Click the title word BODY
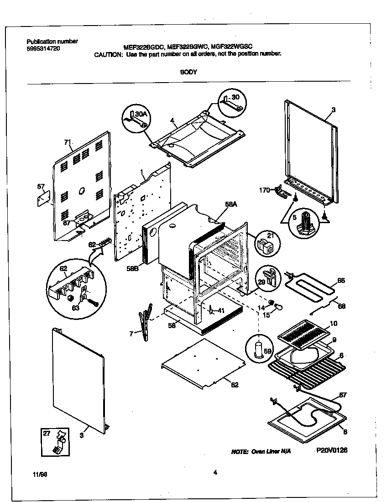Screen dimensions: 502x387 pos(188,72)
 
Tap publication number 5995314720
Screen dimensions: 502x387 pos(43,48)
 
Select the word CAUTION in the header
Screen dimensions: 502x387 pos(108,54)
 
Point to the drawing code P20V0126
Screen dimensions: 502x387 pos(332,450)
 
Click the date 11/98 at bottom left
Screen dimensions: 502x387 pos(40,474)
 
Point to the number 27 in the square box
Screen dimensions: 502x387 pos(46,433)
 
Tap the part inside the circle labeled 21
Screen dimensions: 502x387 pos(264,247)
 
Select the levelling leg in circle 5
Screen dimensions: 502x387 pos(303,224)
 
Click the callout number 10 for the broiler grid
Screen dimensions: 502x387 pos(333,323)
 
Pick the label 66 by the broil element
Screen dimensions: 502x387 pos(341,281)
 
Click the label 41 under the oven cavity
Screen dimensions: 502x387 pos(221,310)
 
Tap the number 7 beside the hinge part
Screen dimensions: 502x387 pos(131,334)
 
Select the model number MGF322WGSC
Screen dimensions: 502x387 pos(232,46)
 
